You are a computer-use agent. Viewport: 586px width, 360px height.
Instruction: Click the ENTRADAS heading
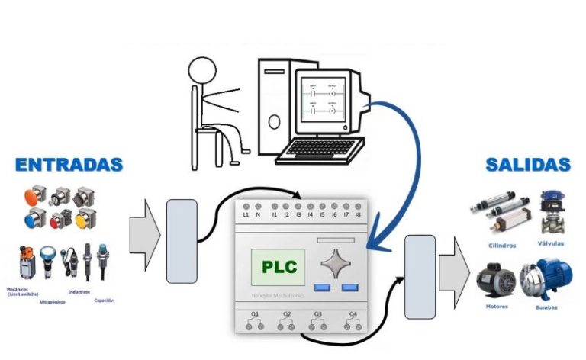click(69, 164)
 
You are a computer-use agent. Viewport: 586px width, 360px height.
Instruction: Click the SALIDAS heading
click(528, 164)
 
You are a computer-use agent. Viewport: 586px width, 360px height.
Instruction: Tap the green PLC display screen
click(279, 267)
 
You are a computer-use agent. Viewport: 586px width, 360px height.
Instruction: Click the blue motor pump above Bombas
click(546, 280)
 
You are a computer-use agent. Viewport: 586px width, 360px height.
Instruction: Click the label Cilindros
click(501, 246)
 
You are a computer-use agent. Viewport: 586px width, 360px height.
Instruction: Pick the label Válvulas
click(554, 244)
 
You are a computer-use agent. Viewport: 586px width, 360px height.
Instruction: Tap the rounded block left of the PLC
click(182, 240)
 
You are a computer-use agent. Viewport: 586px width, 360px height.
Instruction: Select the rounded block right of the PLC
click(420, 275)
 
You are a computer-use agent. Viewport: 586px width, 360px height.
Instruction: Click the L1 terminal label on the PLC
click(246, 215)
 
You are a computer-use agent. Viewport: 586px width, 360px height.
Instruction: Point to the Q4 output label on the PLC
click(353, 314)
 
